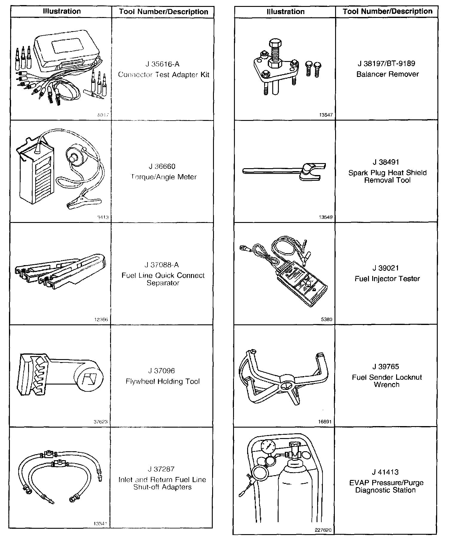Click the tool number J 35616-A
(162, 64)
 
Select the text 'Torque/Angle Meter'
(164, 177)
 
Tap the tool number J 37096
(162, 371)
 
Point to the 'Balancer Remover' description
(387, 74)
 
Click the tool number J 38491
(386, 162)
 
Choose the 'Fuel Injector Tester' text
(387, 279)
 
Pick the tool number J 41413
(385, 472)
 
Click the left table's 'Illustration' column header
(62, 11)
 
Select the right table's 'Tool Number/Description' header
(387, 11)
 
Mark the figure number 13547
(326, 115)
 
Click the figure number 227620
(323, 530)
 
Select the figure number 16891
(325, 422)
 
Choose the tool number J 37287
(161, 469)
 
